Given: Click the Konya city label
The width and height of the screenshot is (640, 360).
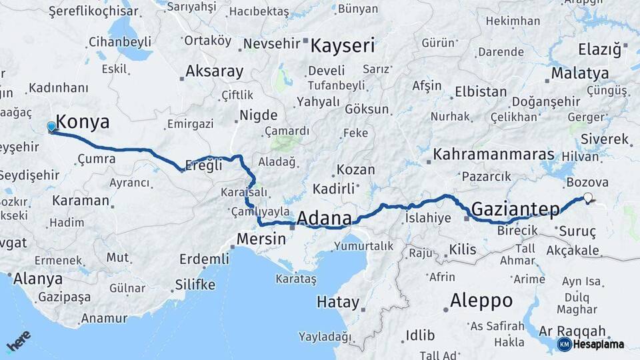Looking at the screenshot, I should (83, 121).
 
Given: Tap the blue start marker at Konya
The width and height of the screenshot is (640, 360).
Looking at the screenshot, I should (51, 127).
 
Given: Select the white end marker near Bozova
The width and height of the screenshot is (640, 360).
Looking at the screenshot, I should (587, 197).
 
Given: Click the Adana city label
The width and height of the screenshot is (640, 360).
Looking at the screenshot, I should (324, 218).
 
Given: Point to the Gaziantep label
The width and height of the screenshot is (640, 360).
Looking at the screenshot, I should (515, 209).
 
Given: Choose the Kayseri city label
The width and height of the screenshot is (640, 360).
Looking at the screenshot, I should (343, 46).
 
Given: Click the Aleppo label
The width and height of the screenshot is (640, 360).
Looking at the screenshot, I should (481, 300).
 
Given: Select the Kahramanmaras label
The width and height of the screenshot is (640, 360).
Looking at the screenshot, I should (494, 155).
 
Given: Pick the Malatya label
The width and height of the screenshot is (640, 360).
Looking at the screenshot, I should (579, 73).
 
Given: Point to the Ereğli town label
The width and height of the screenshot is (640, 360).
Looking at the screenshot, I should (205, 165).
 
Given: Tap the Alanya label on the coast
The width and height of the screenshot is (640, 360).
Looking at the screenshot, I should (38, 278).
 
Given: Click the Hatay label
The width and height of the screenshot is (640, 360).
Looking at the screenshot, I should (337, 301).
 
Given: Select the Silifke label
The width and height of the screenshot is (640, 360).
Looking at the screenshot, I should (195, 285).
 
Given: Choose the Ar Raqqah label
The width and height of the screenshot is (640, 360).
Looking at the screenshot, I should (572, 331).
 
